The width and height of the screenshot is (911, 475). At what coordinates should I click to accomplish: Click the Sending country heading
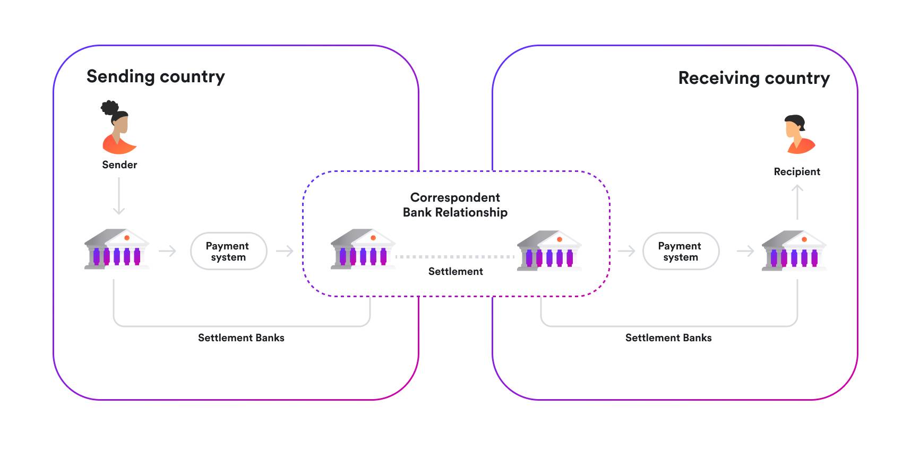point(156,77)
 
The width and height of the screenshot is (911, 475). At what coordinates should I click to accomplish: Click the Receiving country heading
point(753,79)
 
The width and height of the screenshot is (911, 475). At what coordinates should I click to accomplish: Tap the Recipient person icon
point(798,135)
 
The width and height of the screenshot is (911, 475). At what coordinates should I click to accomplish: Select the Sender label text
point(119,165)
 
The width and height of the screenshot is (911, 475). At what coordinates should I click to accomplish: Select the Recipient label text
point(796,172)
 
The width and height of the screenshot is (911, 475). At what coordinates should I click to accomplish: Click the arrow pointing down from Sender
point(119,196)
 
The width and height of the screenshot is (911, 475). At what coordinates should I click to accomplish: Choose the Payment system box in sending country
point(228,251)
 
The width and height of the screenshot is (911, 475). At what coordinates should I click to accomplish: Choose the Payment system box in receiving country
point(680,251)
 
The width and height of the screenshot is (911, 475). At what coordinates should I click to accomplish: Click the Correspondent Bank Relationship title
point(455,205)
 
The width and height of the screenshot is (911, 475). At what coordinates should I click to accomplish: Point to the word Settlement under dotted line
point(455,272)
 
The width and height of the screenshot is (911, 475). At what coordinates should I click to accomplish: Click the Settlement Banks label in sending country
point(241,338)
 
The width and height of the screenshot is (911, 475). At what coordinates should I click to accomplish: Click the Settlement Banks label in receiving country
point(668,338)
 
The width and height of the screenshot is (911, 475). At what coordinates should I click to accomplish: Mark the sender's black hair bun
point(109,108)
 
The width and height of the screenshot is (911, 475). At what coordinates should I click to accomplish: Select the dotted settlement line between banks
point(455,257)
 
